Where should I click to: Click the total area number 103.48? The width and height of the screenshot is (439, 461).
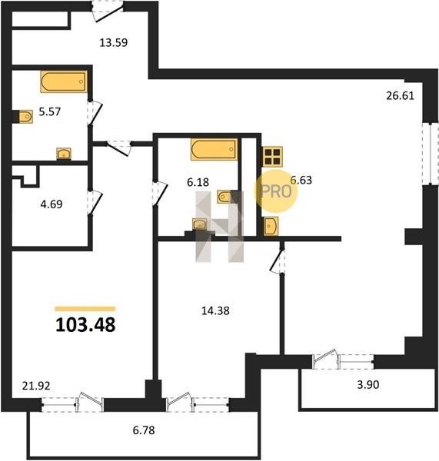point(85,325)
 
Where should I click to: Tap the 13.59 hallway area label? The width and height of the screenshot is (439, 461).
point(113,42)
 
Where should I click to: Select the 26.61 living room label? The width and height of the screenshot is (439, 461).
point(400,95)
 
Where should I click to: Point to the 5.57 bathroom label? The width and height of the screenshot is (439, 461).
point(50,111)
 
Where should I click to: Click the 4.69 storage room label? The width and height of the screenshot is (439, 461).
point(52,204)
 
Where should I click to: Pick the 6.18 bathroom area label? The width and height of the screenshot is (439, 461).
point(198,182)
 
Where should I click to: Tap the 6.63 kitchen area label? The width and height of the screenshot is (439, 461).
point(301,180)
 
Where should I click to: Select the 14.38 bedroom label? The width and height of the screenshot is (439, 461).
point(215,310)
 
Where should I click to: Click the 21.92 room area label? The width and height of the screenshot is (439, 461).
point(36,386)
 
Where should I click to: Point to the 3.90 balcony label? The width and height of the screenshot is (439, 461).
point(368,384)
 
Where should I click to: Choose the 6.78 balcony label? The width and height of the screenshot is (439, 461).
point(144,430)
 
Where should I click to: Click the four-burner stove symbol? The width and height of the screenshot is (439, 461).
point(272,157)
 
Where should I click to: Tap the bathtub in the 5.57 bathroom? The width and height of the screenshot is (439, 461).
point(64,81)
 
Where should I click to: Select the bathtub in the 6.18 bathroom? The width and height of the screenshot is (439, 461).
point(214,149)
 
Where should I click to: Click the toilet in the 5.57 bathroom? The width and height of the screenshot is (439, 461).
point(25,117)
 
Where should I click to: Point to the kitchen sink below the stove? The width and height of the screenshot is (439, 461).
point(271,227)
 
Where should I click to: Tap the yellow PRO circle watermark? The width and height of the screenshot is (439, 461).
point(276,191)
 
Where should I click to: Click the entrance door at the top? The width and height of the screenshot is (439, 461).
point(108,12)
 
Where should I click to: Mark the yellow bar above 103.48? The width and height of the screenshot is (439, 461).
point(85,309)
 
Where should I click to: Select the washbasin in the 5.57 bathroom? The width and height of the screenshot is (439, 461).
point(64,154)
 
